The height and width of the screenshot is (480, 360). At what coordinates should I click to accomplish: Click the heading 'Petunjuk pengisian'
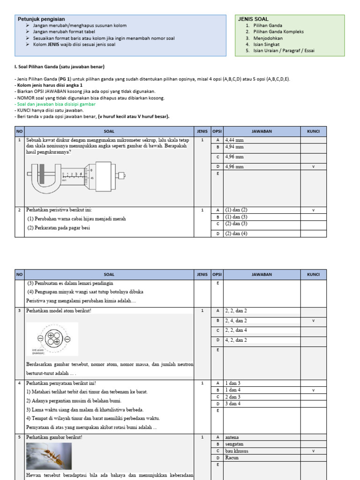(41, 19)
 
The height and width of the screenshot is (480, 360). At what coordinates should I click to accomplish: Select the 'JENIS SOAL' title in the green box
(253, 19)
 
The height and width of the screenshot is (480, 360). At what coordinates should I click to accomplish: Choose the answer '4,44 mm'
(234, 140)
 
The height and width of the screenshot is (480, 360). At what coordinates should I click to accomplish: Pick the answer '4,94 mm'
(234, 147)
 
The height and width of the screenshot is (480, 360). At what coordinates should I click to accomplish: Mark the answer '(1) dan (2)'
(236, 210)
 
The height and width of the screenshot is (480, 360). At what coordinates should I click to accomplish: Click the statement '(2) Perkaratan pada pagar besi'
(59, 228)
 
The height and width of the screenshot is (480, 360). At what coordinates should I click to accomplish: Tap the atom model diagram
(52, 338)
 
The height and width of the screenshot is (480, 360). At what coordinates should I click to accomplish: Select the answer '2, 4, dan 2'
(236, 321)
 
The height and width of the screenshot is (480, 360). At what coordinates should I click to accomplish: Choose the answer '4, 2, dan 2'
(236, 340)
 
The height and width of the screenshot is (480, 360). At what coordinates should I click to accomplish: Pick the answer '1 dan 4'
(233, 390)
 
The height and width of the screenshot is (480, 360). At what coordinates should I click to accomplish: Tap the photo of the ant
(49, 456)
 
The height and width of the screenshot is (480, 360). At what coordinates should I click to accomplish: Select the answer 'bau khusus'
(237, 451)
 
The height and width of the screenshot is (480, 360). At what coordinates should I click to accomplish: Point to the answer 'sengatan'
(234, 444)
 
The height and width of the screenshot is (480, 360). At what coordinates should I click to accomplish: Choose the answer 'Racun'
(232, 458)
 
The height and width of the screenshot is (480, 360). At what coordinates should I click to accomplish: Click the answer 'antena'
(232, 437)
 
